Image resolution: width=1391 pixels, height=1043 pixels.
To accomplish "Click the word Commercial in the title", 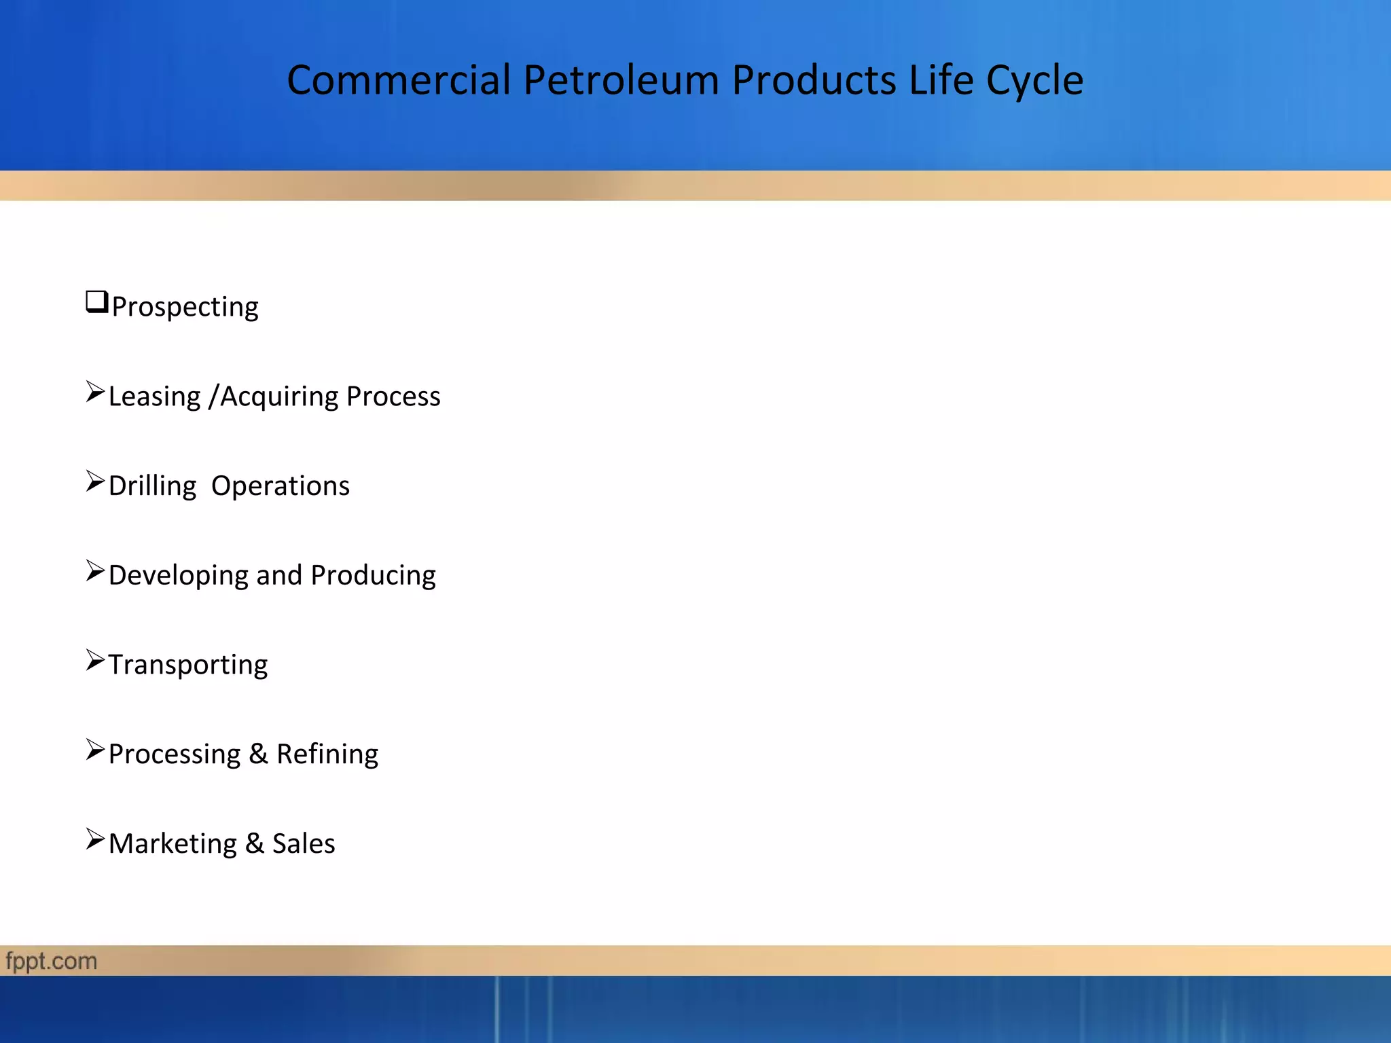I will (x=398, y=80).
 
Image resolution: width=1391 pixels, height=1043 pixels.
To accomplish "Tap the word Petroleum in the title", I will (x=621, y=80).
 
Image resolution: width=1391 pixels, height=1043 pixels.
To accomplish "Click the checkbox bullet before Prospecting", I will (x=97, y=301).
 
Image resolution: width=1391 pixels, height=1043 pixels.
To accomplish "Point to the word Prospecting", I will (x=185, y=308).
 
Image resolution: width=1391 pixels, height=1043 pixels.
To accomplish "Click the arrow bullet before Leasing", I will (x=95, y=392).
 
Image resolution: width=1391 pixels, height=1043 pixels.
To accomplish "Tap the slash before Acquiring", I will (x=213, y=397).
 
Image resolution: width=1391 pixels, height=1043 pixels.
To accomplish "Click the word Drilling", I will (x=152, y=487).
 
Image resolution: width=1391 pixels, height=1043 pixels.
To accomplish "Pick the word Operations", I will (x=281, y=486).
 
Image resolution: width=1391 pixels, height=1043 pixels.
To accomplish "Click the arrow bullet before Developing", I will (x=95, y=571).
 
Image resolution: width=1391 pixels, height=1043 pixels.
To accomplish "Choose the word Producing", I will (x=373, y=576).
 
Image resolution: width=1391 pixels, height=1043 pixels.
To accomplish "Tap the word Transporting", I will (x=188, y=665).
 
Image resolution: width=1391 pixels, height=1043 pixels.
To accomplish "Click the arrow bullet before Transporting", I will (x=95, y=660).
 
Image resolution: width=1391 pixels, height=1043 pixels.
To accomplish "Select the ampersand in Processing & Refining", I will (x=258, y=754).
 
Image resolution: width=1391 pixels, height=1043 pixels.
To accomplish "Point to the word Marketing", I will (x=173, y=844).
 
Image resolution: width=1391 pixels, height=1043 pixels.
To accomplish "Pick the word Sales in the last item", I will (x=304, y=844).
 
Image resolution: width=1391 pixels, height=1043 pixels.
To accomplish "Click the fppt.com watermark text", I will (x=52, y=962).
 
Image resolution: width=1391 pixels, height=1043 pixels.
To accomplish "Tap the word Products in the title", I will (x=813, y=80).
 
